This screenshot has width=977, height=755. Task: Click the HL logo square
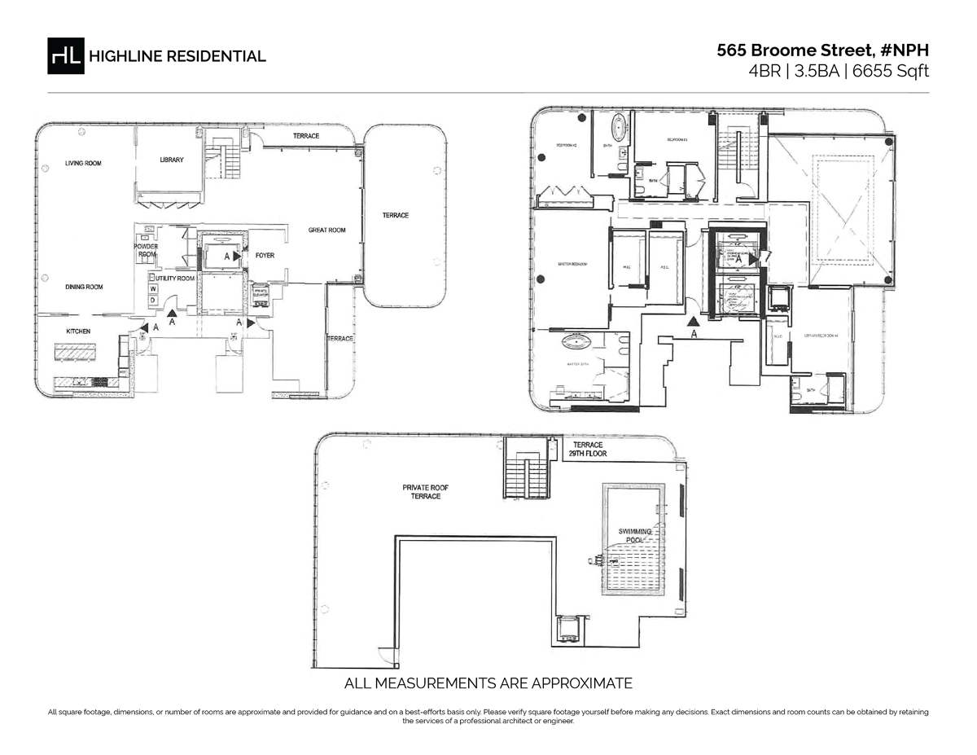(x=66, y=55)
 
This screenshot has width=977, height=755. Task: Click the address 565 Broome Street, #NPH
(x=822, y=50)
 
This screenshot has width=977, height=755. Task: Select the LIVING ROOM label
(x=83, y=164)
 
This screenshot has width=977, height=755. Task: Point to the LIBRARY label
(x=172, y=160)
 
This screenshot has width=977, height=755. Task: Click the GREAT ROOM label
(x=326, y=230)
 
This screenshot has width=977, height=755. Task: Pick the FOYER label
(x=265, y=256)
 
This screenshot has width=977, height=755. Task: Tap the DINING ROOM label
(x=84, y=288)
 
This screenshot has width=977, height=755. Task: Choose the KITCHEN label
(x=78, y=331)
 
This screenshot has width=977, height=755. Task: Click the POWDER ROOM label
(x=146, y=251)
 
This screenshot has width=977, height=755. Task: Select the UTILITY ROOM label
(x=176, y=279)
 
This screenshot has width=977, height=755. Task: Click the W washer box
(x=152, y=289)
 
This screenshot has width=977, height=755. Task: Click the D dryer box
(x=152, y=301)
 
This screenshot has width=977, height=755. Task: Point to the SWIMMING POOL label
(x=636, y=536)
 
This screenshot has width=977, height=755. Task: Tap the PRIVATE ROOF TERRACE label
(x=425, y=492)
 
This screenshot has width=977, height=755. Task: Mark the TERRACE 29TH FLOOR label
(x=588, y=450)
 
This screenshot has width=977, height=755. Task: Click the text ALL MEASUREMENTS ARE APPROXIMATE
(x=488, y=683)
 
